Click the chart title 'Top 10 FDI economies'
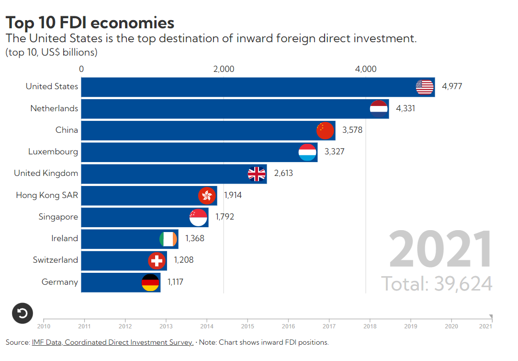click(x=90, y=23)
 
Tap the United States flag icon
click(x=425, y=87)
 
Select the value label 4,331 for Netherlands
click(x=405, y=108)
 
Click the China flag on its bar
click(x=326, y=130)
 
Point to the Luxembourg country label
click(x=53, y=151)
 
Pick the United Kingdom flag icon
click(x=257, y=174)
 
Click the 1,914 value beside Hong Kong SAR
click(x=233, y=195)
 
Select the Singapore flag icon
click(x=198, y=217)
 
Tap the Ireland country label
click(x=65, y=238)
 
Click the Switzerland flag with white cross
click(x=157, y=261)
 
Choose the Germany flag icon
click(x=150, y=282)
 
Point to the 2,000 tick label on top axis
click(x=224, y=69)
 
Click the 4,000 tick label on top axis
click(x=366, y=69)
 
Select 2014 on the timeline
click(x=207, y=326)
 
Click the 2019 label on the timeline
click(x=411, y=326)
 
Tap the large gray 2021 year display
click(x=440, y=250)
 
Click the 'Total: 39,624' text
click(x=437, y=284)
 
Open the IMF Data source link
click(x=113, y=342)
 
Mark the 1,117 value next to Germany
click(x=175, y=282)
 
